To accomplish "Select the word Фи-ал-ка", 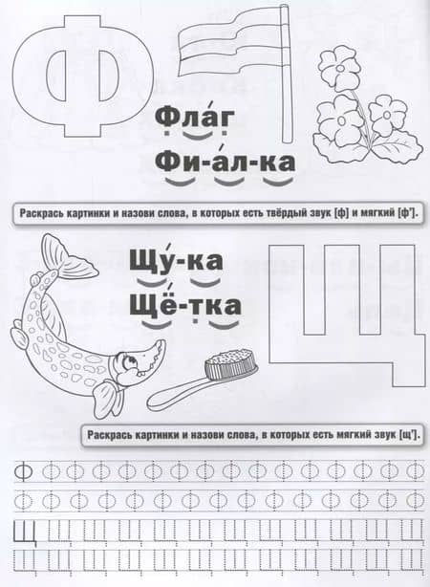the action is [x=225, y=162].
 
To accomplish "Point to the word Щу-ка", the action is [x=176, y=261].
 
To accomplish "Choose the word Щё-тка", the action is [x=185, y=305].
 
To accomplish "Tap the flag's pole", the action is [x=286, y=75].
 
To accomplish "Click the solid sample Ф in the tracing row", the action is [x=23, y=471].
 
